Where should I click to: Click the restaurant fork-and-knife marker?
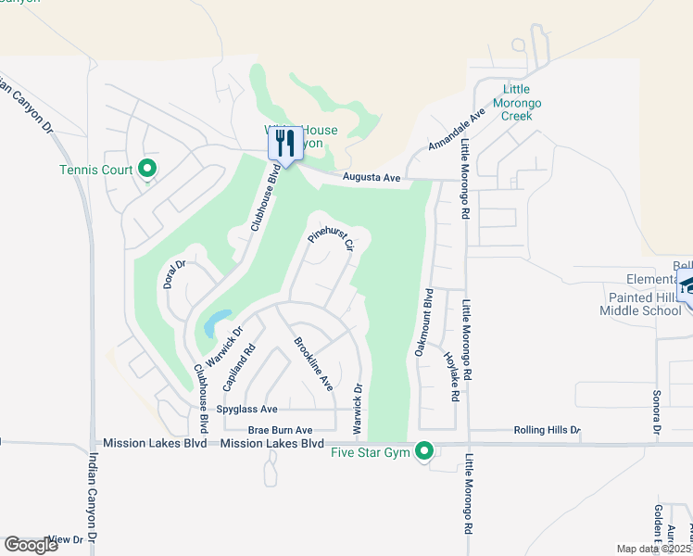coord(285,144)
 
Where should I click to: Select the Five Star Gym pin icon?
coord(424,451)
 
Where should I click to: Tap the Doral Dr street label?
coord(175,274)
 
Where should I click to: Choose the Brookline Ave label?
coord(313,363)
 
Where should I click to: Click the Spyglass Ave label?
coord(246,409)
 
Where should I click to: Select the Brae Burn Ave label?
coord(280,430)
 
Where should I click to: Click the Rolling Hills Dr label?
coord(547,431)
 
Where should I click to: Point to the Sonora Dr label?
coord(656,411)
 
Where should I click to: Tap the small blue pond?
coord(213,323)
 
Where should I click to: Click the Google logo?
coord(31,545)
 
